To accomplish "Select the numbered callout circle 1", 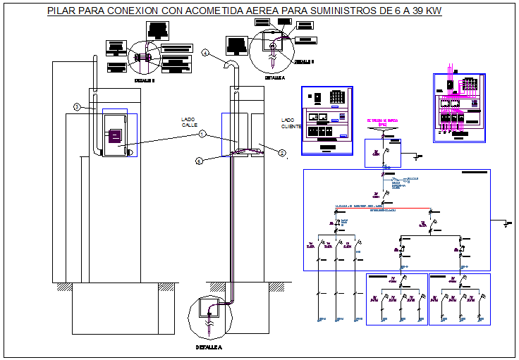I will click(x=202, y=134).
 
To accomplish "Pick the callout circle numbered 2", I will click(x=281, y=152).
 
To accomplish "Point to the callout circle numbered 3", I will click(x=75, y=107).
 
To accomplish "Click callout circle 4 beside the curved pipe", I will click(x=205, y=53).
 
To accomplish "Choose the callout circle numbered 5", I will click(x=199, y=161).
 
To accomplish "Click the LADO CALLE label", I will click(x=189, y=122).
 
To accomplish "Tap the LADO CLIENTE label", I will click(x=290, y=123).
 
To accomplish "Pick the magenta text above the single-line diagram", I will click(x=382, y=122).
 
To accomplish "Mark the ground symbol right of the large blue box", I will click(x=508, y=224).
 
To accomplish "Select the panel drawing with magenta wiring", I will click(x=459, y=107).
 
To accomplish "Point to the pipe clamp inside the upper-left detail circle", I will click(x=142, y=57).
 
